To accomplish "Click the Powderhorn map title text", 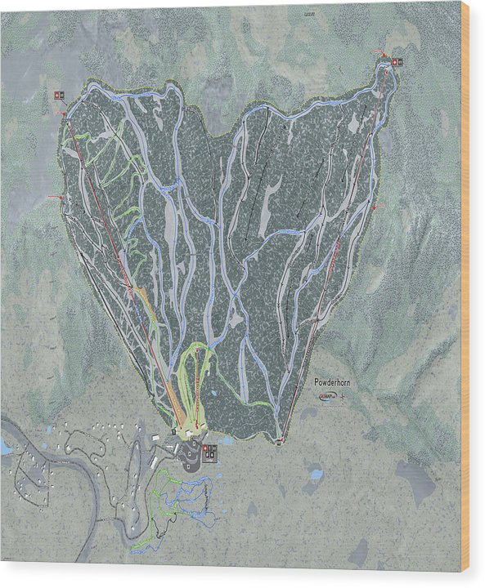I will coord(337,382).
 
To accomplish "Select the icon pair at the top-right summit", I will coord(397,61).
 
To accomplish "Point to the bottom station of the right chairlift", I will coord(279,442).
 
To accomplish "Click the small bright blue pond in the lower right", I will coord(316,474).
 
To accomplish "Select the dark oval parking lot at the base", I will coord(194,453).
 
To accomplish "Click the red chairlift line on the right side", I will coord(335,253).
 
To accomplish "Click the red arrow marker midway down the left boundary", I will coord(56,198).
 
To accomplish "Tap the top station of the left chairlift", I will coord(65,114).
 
